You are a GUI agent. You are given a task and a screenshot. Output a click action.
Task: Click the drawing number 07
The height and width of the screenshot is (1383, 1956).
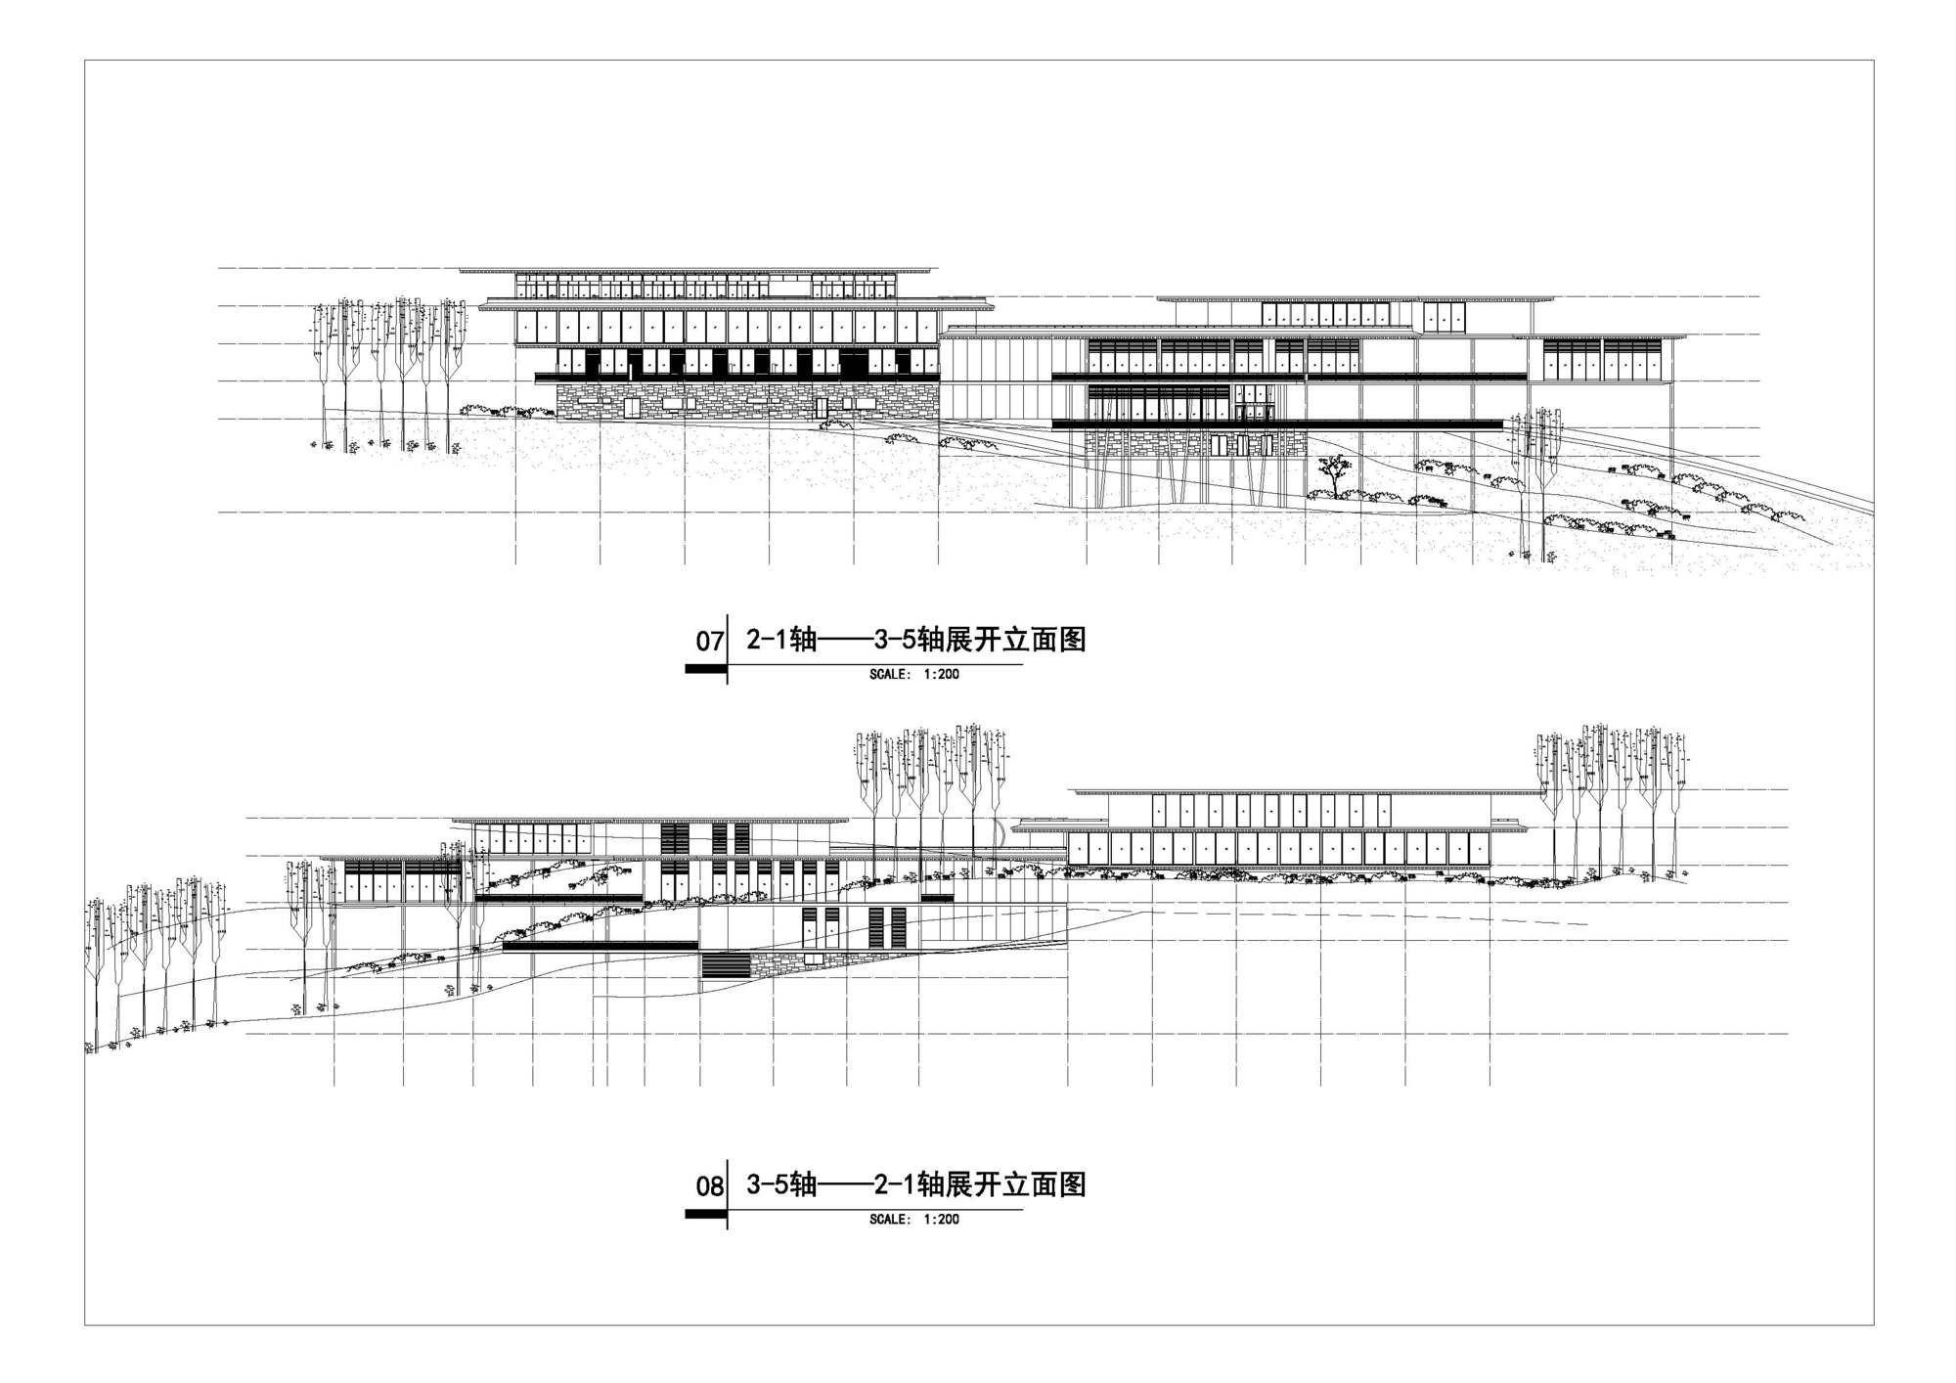click(709, 643)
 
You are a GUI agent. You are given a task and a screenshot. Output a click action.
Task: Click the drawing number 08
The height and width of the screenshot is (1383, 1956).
click(709, 1187)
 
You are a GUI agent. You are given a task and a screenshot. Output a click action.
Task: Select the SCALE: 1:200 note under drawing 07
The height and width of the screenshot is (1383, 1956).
click(914, 675)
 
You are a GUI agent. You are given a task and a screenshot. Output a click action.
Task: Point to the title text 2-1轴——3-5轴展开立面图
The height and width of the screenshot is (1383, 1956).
click(915, 641)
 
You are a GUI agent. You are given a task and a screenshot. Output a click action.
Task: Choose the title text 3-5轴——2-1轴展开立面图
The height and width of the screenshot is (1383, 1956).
click(915, 1185)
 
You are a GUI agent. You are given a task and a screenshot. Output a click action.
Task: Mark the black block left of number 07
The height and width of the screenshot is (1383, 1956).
click(704, 669)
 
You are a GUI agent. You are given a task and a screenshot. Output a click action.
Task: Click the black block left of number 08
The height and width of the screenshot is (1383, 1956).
click(704, 1214)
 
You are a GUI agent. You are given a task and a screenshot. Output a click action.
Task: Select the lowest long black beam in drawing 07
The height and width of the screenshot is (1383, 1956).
click(1276, 424)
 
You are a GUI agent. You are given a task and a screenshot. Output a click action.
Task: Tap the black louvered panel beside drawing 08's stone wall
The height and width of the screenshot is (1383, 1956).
click(725, 965)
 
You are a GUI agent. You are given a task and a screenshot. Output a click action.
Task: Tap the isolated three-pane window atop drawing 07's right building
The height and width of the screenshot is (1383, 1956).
click(1444, 316)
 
